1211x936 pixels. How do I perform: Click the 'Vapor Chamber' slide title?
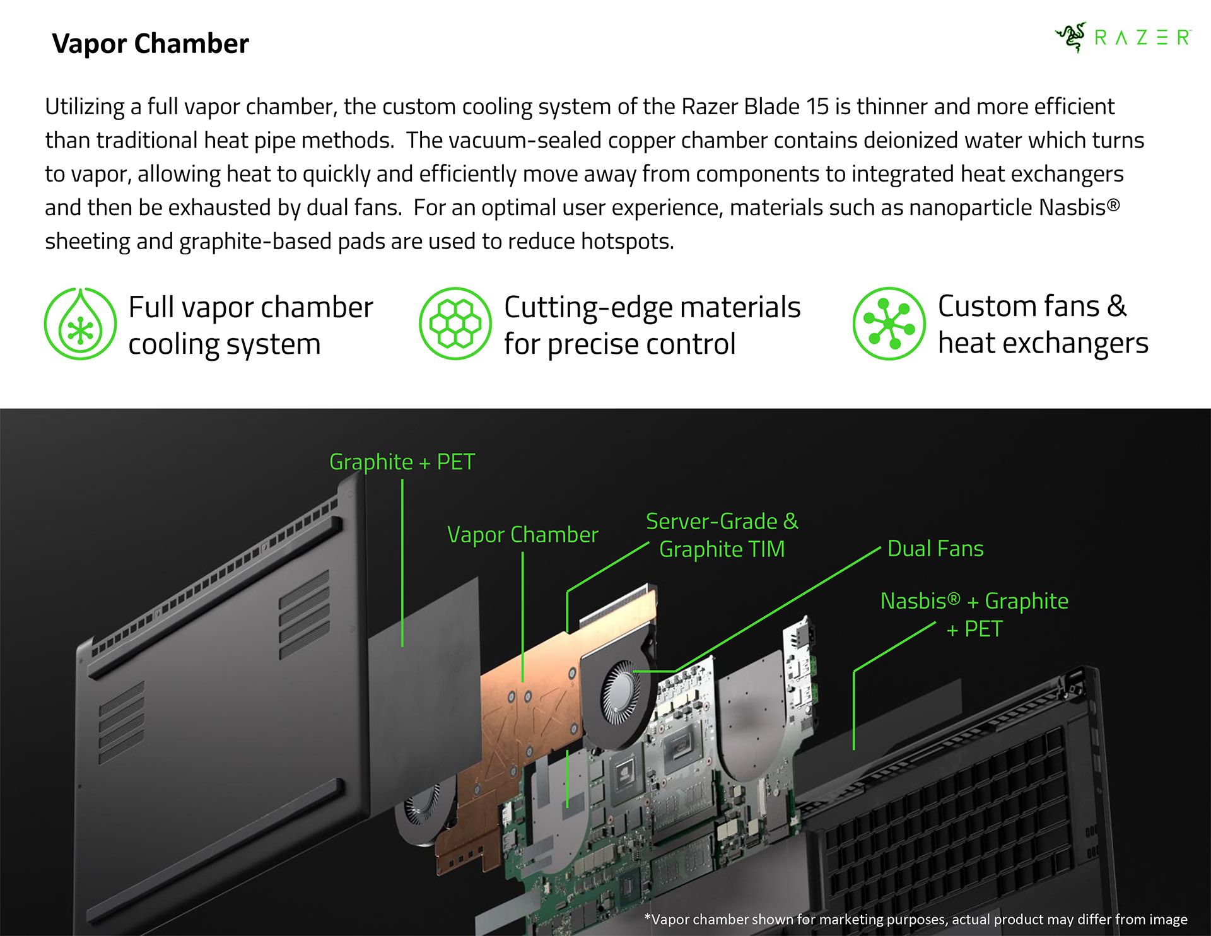point(150,44)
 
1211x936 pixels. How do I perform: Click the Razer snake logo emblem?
point(1071,37)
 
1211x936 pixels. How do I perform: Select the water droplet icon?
point(81,324)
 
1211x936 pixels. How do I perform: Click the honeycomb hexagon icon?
point(455,324)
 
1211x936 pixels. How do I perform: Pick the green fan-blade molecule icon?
point(889,324)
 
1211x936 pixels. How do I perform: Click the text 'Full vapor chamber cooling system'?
point(251,326)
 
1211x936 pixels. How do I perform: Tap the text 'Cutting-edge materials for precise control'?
point(652,326)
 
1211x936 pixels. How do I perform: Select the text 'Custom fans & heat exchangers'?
point(1043,325)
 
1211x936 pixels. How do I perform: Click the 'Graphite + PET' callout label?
point(402,462)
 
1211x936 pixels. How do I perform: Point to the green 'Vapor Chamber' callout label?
point(523,534)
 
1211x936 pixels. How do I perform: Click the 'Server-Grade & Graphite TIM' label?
point(722,535)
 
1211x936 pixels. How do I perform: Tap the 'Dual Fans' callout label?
point(935,548)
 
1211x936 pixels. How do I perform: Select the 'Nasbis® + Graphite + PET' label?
point(974,614)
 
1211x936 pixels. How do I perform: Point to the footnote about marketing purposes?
point(916,919)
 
